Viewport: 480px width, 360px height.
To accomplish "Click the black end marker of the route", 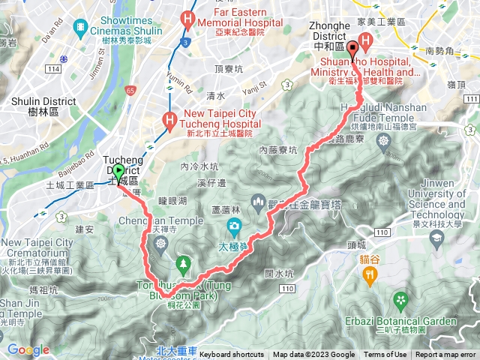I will point(352,39).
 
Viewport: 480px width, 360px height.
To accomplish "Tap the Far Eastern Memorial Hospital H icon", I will point(187,19).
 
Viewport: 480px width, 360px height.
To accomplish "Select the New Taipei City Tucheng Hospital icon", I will point(171,118).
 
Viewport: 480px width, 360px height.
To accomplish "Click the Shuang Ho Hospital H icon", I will point(366,40).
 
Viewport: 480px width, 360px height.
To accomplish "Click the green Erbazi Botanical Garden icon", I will point(402,301).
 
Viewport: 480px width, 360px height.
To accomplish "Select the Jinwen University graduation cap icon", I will point(436,238).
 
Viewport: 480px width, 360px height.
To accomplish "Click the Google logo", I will point(28,349).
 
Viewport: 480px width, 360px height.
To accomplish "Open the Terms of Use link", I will point(385,355).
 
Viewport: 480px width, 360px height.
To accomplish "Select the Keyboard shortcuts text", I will point(232,355).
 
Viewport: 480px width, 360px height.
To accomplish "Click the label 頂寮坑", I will point(228,69).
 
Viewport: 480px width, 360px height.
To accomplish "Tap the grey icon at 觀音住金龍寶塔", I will point(257,200).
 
